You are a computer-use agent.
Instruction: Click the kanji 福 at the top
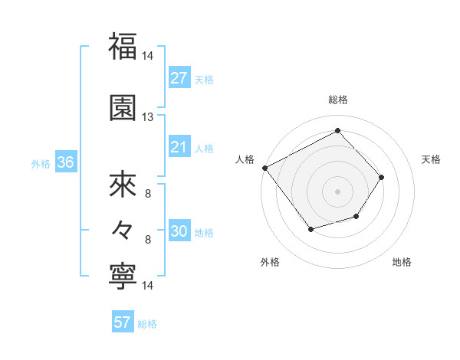tap(123, 46)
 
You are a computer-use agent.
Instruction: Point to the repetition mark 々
tap(123, 228)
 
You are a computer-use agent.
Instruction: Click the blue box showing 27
tap(179, 78)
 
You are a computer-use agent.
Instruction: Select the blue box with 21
tap(179, 147)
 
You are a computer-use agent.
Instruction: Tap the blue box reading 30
tap(179, 232)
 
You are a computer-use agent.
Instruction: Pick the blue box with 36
tap(65, 162)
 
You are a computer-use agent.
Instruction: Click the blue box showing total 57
tap(123, 322)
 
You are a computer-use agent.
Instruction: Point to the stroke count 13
tap(147, 116)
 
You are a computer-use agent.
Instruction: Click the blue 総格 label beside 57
tap(147, 324)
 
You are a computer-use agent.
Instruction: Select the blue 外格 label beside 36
tap(41, 163)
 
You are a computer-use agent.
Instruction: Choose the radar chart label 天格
tap(431, 159)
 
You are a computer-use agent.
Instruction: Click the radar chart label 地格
tap(402, 262)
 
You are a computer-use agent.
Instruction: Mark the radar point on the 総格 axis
tap(337, 131)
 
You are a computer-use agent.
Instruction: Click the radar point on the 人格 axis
tap(264, 168)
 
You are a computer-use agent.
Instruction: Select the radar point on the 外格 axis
tap(310, 229)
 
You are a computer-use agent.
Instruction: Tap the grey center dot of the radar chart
tap(337, 191)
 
